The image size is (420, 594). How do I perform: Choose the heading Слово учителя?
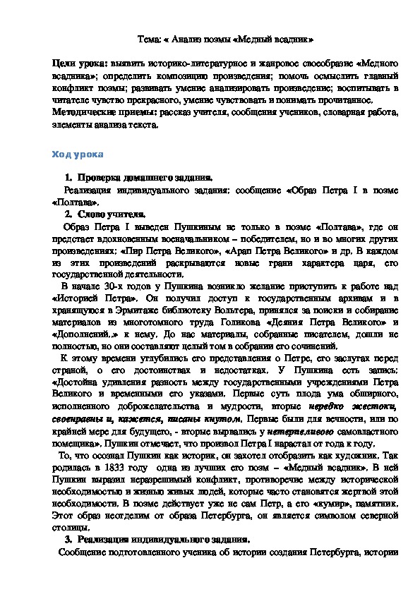[112, 214]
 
